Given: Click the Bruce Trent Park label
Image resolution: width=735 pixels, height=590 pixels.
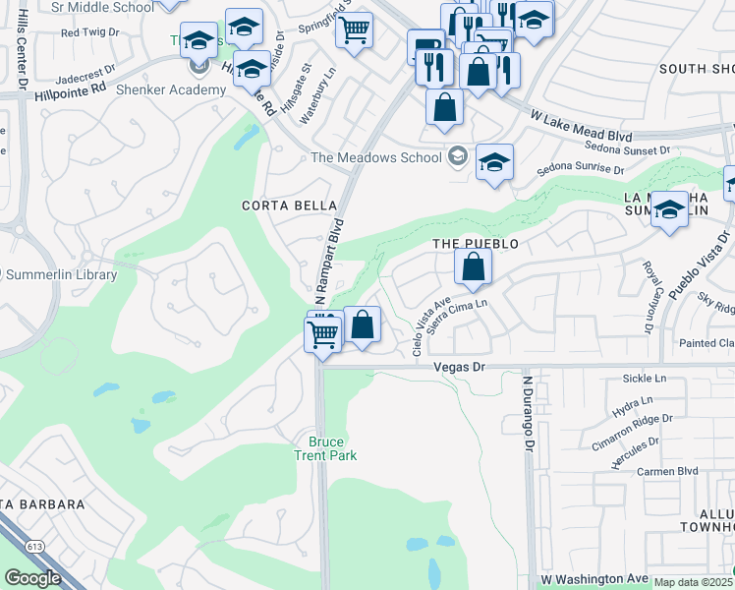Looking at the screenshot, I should [x=325, y=447].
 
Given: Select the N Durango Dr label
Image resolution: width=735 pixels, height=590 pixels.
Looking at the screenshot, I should [x=528, y=412].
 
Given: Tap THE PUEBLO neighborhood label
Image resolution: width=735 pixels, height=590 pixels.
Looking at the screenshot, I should [x=476, y=243].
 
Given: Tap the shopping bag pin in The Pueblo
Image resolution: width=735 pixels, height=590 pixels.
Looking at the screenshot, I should [x=473, y=266].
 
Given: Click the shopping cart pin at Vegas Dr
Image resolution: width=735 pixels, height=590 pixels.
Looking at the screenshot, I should [x=323, y=335].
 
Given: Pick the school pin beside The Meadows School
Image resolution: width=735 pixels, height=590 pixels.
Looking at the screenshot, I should [x=494, y=162].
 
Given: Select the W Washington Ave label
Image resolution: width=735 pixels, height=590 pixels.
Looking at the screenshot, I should [x=594, y=578].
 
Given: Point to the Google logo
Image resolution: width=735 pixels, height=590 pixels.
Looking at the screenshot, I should [x=32, y=578].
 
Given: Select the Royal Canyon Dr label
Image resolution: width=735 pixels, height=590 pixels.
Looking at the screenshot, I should [x=650, y=296].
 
